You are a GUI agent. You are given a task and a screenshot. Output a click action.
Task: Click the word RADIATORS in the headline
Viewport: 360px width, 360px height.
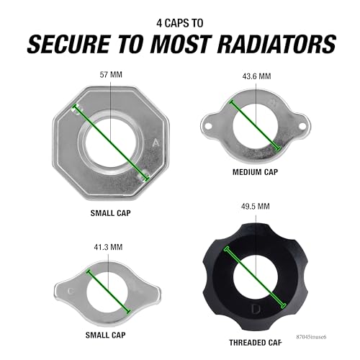click(x=276, y=45)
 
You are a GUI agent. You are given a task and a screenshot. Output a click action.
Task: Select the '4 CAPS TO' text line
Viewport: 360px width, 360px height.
click(x=180, y=23)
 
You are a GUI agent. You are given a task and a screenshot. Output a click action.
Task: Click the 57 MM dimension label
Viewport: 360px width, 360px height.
click(x=111, y=75)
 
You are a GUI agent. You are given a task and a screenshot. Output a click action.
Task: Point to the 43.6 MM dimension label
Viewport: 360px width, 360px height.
click(x=256, y=76)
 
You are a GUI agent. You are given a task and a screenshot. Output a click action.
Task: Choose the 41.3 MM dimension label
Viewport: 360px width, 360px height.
click(x=108, y=247)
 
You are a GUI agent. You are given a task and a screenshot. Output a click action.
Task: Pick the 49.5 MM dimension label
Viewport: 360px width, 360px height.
click(x=256, y=207)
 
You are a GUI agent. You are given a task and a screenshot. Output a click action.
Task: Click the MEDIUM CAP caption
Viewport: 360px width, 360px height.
click(x=255, y=172)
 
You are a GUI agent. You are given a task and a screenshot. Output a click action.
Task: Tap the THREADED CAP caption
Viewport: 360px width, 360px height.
click(x=255, y=343)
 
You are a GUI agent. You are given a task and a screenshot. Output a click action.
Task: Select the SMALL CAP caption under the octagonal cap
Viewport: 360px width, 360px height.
click(x=111, y=213)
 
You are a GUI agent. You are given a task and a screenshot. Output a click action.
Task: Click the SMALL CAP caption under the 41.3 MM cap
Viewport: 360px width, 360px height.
click(x=105, y=335)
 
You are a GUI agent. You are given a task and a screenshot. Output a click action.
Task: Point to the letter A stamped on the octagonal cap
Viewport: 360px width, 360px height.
click(x=156, y=143)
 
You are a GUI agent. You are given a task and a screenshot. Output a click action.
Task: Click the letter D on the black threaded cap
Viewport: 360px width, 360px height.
click(x=255, y=309)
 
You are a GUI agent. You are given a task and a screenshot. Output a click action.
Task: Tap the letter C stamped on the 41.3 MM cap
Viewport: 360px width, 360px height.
click(x=71, y=292)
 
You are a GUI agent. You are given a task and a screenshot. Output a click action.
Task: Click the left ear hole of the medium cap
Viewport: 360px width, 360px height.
click(x=208, y=125)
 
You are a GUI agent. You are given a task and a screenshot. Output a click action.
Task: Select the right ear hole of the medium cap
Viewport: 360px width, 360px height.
click(x=302, y=125)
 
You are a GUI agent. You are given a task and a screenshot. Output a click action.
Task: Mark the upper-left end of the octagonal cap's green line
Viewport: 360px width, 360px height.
click(x=76, y=107)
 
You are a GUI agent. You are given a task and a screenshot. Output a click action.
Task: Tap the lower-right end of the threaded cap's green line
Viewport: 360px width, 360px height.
click(x=284, y=306)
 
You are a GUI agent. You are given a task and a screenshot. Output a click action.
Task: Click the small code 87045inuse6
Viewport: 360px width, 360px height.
click(x=311, y=336)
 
